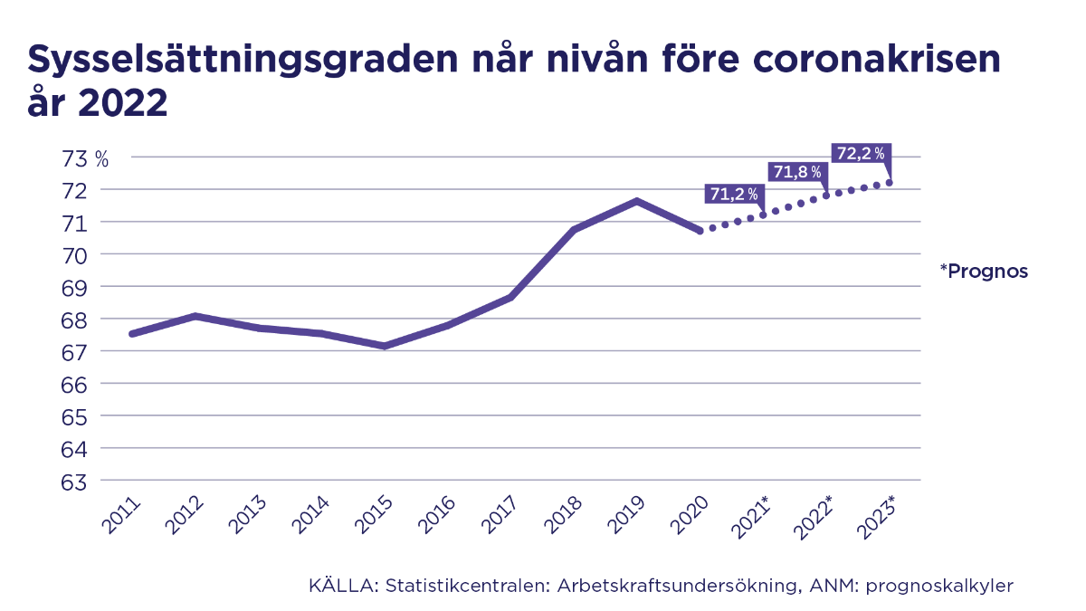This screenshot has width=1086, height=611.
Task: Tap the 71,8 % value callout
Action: [797, 171]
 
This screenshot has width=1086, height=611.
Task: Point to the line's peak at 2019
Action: [637, 201]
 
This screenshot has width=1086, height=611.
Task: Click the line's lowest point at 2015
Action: [385, 346]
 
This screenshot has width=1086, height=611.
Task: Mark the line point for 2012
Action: [195, 316]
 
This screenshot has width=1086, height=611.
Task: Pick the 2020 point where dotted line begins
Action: [700, 231]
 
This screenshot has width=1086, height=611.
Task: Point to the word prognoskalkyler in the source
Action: [939, 587]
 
